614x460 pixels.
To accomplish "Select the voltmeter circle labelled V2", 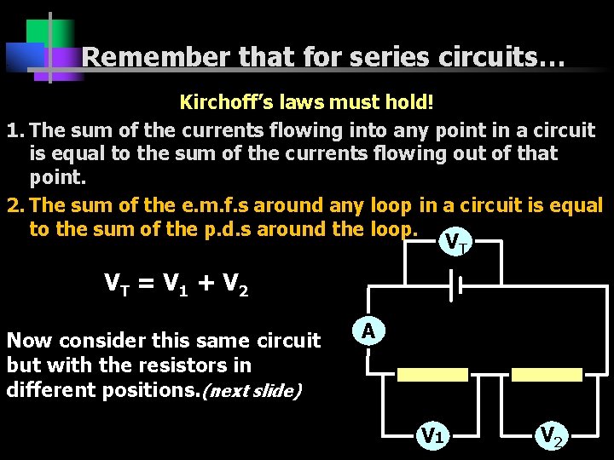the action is (x=551, y=435).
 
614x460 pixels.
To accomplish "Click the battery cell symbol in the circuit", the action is (x=455, y=287).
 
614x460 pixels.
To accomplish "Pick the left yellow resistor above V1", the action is (x=432, y=375).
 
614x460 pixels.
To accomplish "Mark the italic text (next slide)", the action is (x=257, y=391).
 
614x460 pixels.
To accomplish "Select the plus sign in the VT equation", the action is (x=205, y=282).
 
